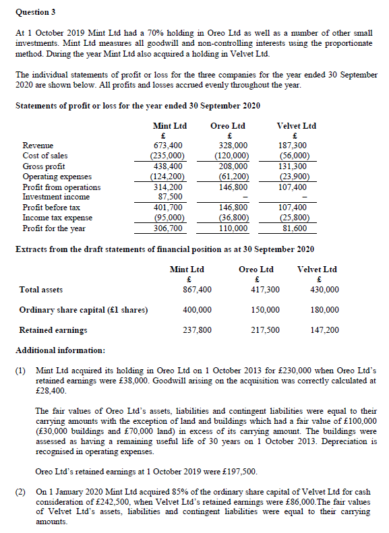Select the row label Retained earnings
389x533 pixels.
coord(53,330)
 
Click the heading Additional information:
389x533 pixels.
coord(60,351)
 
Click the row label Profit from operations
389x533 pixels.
coord(61,187)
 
